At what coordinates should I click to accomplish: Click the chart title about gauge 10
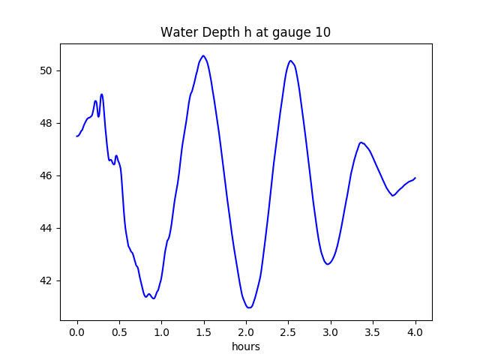tap(245, 32)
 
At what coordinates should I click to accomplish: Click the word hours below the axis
tap(245, 346)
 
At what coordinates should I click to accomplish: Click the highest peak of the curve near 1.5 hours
tap(203, 55)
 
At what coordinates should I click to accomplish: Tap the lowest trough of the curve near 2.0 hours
tap(249, 307)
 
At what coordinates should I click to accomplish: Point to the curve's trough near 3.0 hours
tap(328, 264)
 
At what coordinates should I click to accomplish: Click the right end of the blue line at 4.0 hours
tap(415, 178)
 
